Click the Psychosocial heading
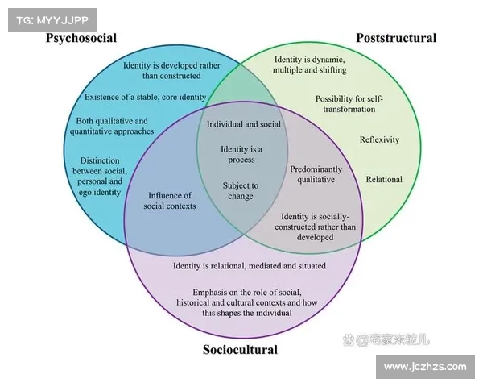[80, 38]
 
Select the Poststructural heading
[396, 38]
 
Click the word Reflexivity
[379, 139]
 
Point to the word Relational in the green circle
[384, 179]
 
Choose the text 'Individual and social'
[244, 125]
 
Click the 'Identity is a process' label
[242, 154]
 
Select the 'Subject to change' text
[241, 190]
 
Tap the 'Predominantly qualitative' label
[316, 174]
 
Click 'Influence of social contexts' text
[169, 201]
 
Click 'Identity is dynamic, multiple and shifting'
[309, 64]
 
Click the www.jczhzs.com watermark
[425, 367]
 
